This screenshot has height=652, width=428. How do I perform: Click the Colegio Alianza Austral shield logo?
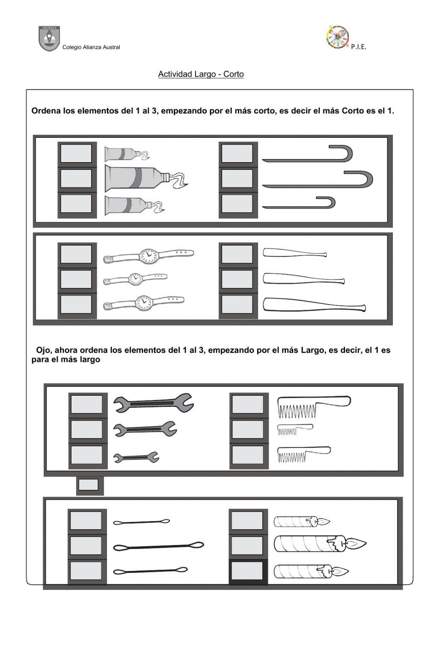pyautogui.click(x=49, y=39)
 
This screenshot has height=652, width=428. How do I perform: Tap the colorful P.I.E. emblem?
pyautogui.click(x=337, y=37)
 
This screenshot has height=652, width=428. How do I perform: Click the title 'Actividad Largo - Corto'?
pyautogui.click(x=201, y=74)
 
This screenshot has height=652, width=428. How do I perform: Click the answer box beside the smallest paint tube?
pyautogui.click(x=76, y=154)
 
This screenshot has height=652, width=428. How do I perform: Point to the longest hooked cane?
pyautogui.click(x=317, y=179)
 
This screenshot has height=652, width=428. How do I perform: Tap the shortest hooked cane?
pyautogui.click(x=299, y=203)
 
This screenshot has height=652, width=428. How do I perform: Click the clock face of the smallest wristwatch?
pyautogui.click(x=135, y=279)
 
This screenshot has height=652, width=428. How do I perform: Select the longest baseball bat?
pyautogui.click(x=314, y=305)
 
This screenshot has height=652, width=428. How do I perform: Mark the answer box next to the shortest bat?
pyautogui.click(x=237, y=254)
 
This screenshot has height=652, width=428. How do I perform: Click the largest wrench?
pyautogui.click(x=154, y=403)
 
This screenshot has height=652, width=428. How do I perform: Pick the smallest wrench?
pyautogui.click(x=136, y=457)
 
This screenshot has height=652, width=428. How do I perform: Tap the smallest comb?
pyautogui.click(x=295, y=430)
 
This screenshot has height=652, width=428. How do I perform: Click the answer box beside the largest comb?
pyautogui.click(x=248, y=404)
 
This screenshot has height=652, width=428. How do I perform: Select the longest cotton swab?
pyautogui.click(x=158, y=546)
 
